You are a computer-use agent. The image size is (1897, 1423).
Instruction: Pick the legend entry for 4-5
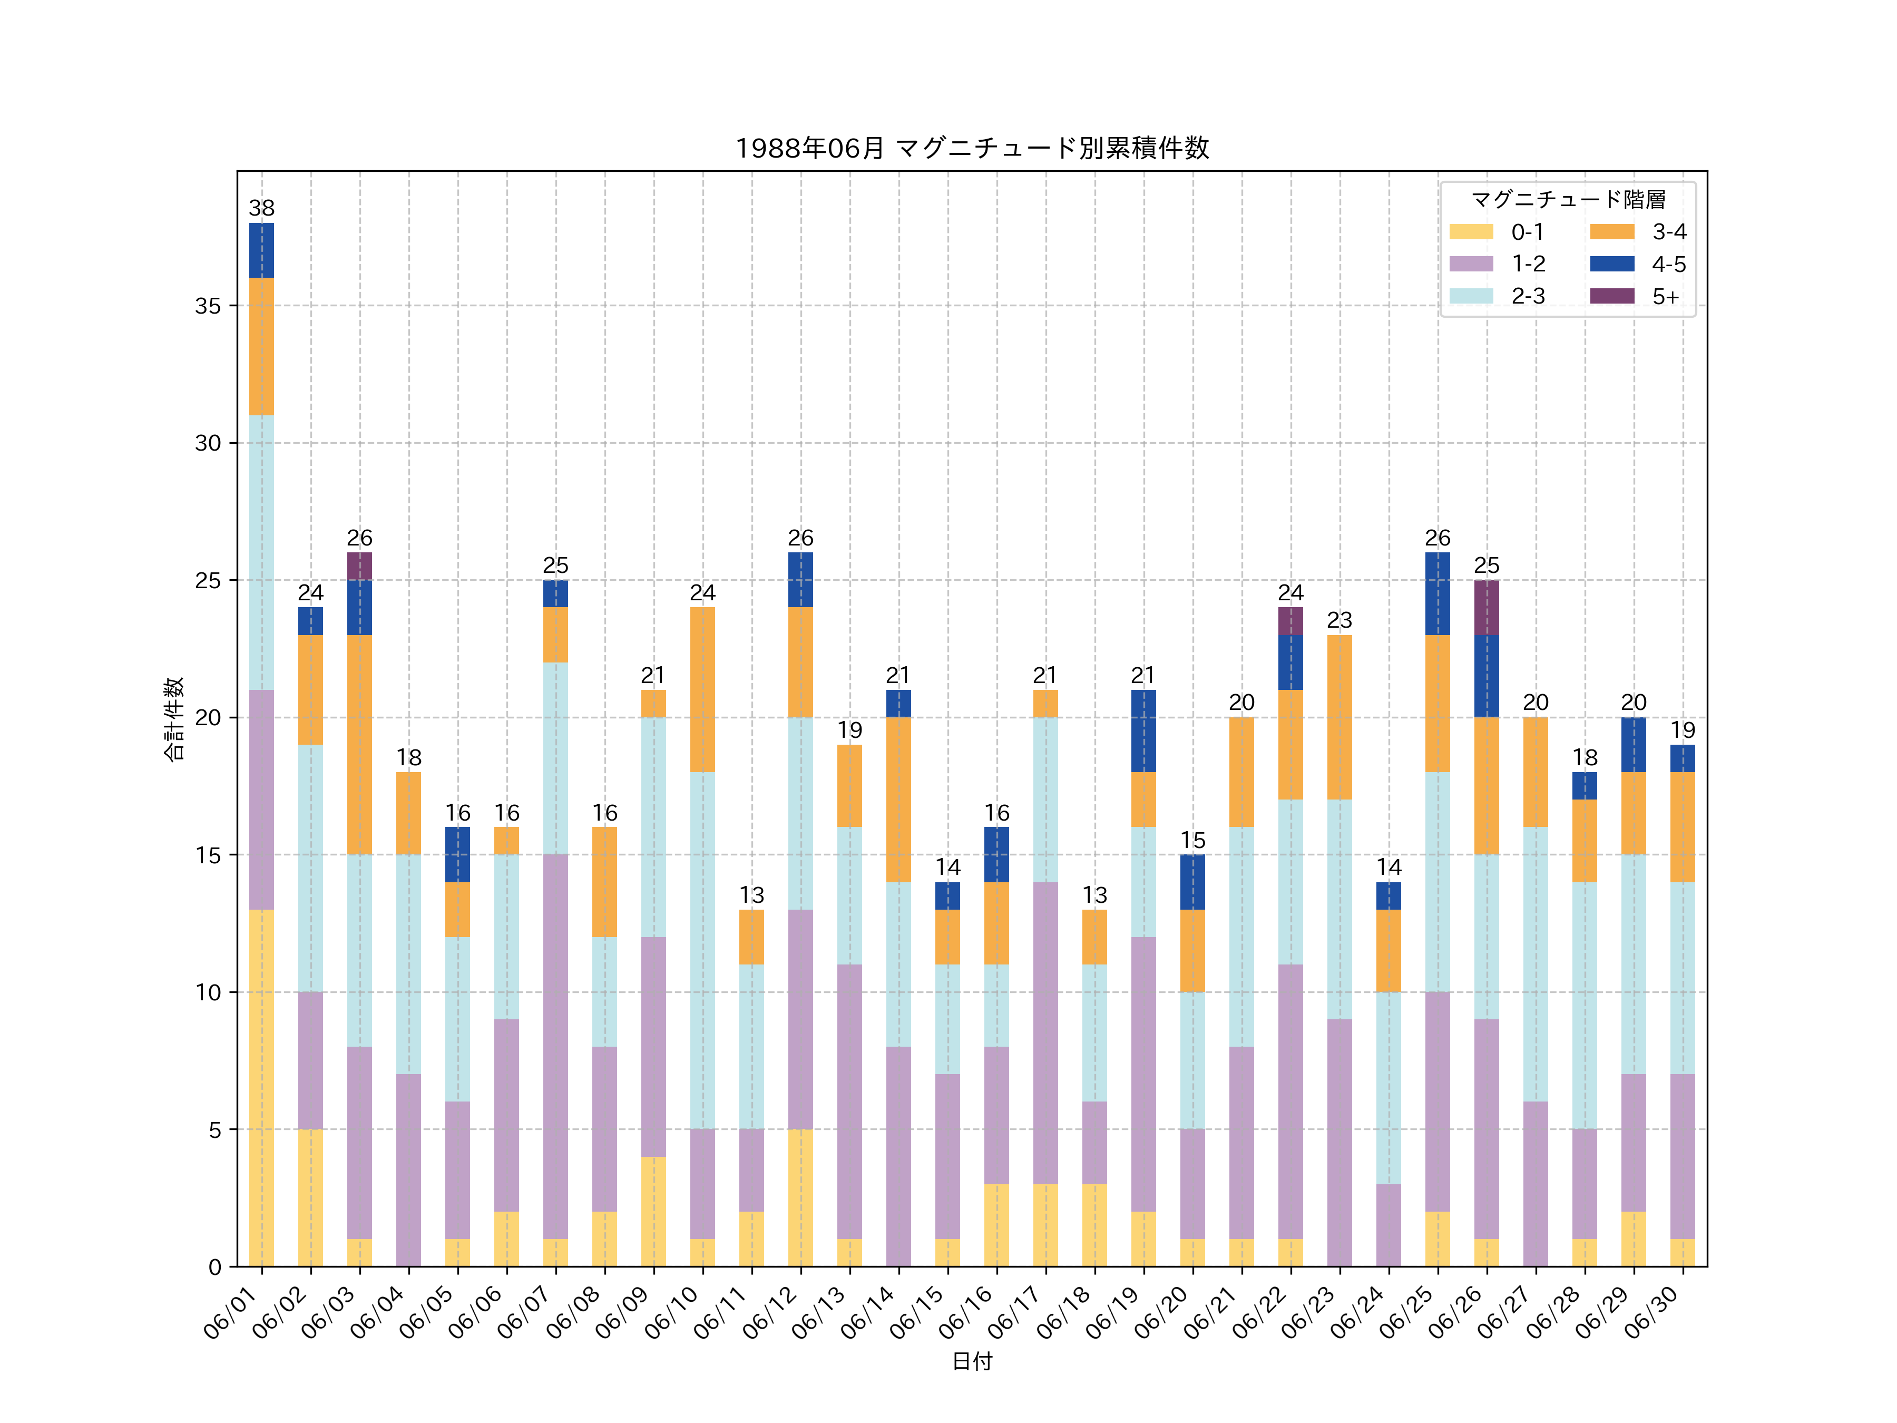click(x=1637, y=264)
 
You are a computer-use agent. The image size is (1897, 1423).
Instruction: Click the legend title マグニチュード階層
click(x=1568, y=200)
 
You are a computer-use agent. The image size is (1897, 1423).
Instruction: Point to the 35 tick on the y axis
click(x=208, y=306)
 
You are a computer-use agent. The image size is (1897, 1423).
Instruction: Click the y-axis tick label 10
click(x=208, y=992)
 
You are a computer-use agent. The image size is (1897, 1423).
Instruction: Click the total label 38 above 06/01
click(x=261, y=208)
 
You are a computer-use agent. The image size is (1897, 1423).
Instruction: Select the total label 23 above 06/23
click(x=1339, y=620)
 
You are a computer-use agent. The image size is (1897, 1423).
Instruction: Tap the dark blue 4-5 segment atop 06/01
click(x=261, y=250)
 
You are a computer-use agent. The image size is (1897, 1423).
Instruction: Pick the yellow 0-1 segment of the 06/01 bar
click(x=261, y=1088)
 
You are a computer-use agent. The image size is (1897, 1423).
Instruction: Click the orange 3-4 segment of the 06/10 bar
click(x=702, y=689)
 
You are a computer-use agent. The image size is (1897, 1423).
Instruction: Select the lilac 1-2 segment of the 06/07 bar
click(x=556, y=1047)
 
